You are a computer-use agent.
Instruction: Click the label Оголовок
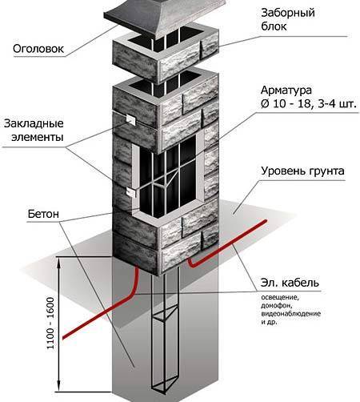click(38, 49)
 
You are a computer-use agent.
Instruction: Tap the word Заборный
click(288, 13)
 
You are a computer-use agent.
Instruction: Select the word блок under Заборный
click(274, 26)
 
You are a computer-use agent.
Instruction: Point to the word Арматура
click(286, 90)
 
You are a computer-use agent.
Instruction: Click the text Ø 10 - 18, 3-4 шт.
click(309, 104)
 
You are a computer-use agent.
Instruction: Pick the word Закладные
click(34, 123)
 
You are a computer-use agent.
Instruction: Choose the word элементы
click(38, 137)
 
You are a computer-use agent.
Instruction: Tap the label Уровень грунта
click(302, 171)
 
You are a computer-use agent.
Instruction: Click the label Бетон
click(43, 214)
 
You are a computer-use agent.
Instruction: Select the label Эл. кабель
click(290, 283)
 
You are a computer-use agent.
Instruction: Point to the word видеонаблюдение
click(290, 314)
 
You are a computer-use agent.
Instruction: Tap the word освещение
click(279, 297)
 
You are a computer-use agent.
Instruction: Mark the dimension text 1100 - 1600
click(50, 324)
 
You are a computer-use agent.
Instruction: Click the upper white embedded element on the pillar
click(130, 119)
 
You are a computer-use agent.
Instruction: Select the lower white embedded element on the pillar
click(131, 192)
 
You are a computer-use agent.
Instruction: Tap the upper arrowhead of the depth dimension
click(59, 260)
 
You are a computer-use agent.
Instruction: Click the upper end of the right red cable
click(265, 221)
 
